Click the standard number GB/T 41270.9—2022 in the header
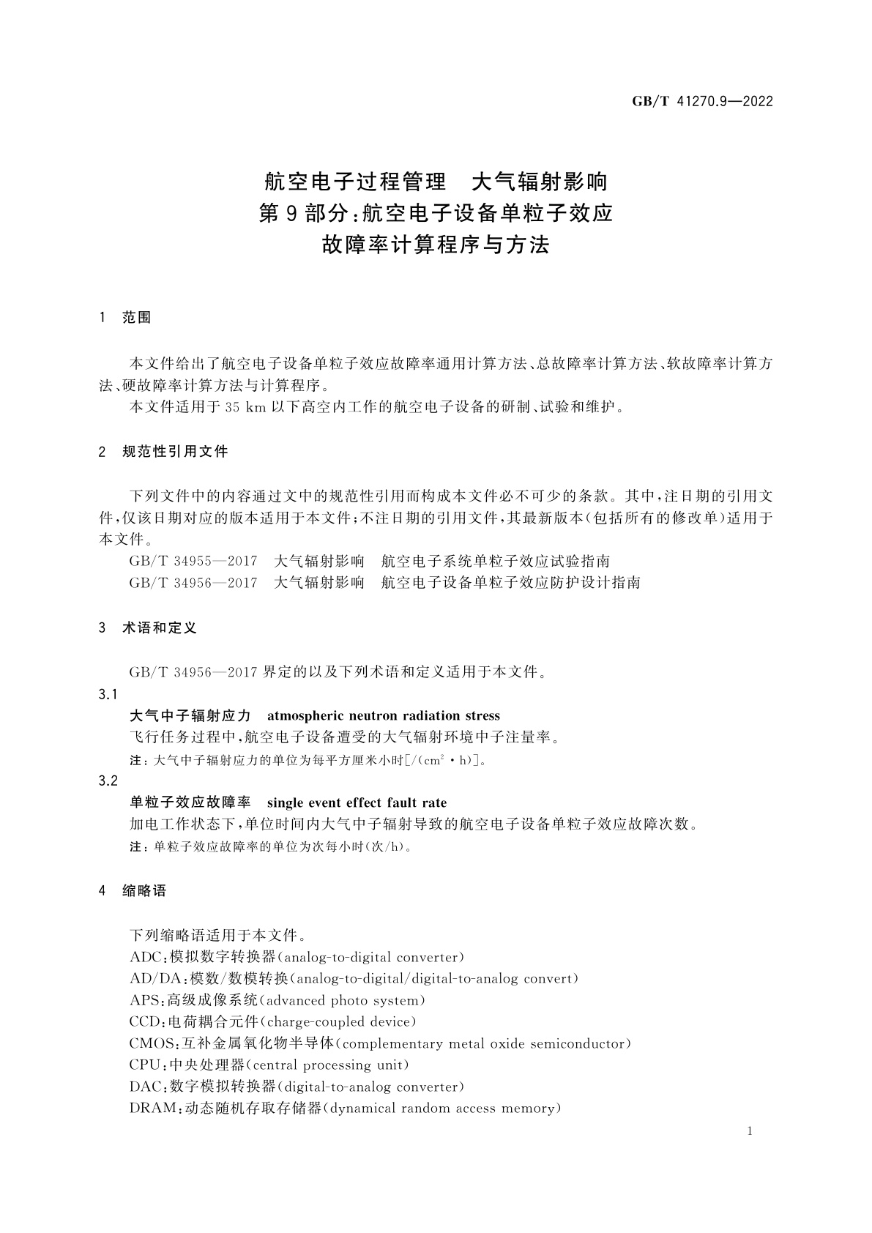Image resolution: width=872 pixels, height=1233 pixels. [702, 102]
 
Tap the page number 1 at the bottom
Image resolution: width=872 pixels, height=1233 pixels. [750, 1132]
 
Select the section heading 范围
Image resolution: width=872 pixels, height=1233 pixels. [137, 318]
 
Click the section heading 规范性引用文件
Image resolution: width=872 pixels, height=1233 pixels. [175, 452]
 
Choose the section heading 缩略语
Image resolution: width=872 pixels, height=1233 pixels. [144, 891]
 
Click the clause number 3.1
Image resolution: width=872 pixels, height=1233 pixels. [108, 694]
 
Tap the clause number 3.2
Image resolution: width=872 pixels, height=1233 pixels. [108, 781]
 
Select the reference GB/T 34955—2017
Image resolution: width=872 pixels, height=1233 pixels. [193, 562]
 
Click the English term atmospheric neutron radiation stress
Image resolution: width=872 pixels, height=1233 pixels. [384, 715]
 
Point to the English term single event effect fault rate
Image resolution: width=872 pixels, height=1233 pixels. [357, 802]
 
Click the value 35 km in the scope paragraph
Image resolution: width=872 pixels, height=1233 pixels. [246, 407]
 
